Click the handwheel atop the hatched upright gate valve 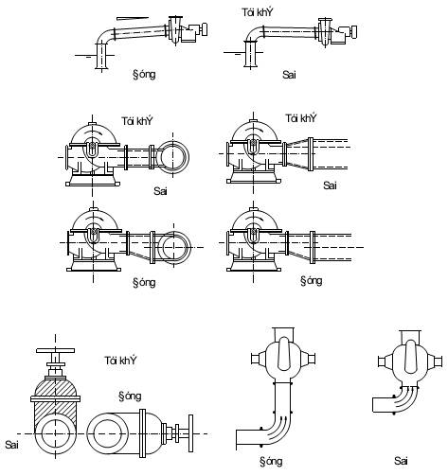(56, 350)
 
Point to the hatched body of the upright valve (56, 404)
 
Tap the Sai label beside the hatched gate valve (11, 445)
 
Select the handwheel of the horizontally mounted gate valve (190, 433)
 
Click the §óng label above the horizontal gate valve (130, 397)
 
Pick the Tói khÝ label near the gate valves (120, 361)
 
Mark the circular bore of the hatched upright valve (56, 433)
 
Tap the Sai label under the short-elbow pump (401, 461)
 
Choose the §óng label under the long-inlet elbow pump (271, 462)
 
